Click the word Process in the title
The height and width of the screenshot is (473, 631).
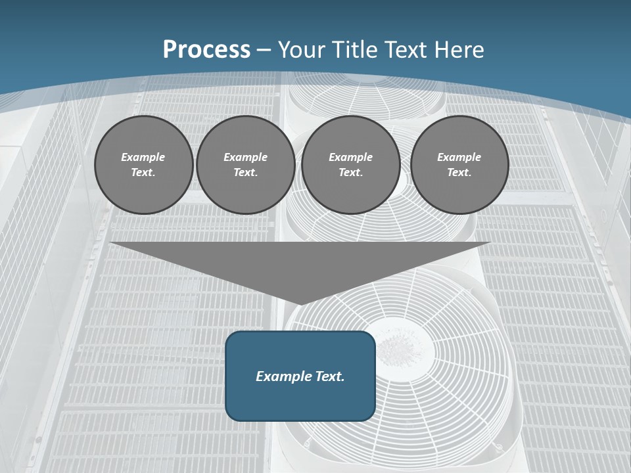206,50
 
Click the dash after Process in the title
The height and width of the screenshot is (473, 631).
264,50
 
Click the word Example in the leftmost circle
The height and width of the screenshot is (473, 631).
143,157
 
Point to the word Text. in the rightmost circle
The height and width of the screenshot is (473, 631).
459,172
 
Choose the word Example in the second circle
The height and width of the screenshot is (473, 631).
245,157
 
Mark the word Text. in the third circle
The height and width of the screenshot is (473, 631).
350,172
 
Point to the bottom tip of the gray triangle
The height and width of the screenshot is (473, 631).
300,304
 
